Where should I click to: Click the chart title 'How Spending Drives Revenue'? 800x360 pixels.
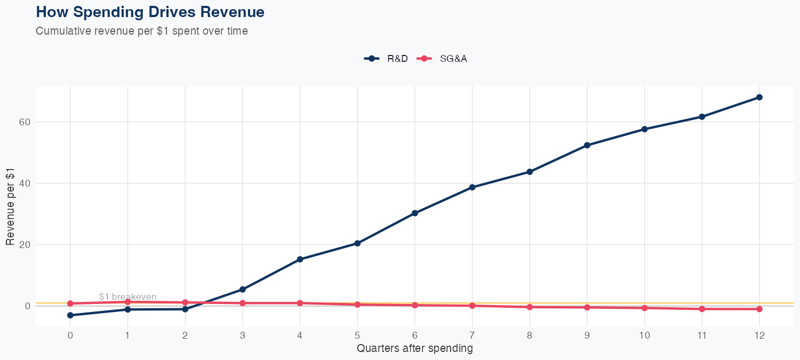point(150,12)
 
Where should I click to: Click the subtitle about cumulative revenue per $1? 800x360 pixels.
point(142,31)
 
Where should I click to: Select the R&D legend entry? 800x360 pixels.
point(386,59)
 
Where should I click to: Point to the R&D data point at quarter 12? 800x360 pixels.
point(759,97)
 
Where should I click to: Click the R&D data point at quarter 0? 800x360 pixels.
point(70,315)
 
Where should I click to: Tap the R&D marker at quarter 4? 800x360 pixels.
point(300,259)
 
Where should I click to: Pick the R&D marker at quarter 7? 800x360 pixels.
point(472,187)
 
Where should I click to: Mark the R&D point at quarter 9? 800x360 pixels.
point(587,145)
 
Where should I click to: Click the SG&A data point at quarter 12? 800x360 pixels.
point(759,309)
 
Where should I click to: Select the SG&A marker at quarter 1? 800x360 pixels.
point(127,302)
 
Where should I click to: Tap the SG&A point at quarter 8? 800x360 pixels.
point(530,307)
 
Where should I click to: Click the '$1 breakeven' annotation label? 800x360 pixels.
point(127,297)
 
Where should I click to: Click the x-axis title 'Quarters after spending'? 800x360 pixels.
point(414,349)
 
